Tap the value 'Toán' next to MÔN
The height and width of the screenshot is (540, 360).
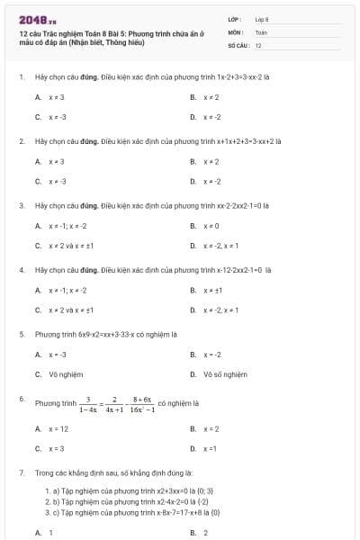(261, 31)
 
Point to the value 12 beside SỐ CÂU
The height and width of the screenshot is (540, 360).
(258, 44)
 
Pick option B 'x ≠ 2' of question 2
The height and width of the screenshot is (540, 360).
(211, 161)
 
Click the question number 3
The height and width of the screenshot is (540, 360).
(21, 205)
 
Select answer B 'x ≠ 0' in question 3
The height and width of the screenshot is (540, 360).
(211, 226)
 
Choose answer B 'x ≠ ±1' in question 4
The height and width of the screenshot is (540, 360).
(212, 290)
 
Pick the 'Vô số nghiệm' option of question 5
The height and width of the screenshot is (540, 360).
(225, 373)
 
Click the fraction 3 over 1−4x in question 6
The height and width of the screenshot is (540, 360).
(87, 404)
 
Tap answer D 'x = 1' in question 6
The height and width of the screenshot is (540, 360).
(211, 447)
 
